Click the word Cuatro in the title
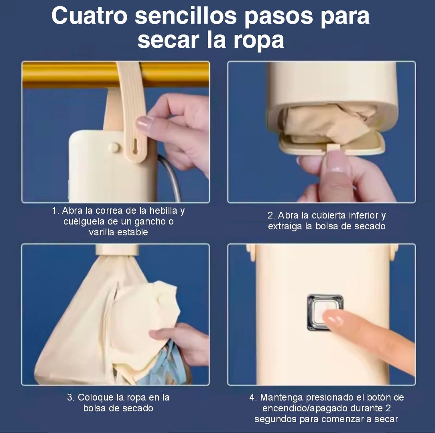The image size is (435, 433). (x=89, y=16)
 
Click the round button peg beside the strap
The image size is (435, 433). (x=114, y=147)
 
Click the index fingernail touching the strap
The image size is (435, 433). (x=143, y=122)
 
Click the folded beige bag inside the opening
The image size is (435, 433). (x=329, y=122)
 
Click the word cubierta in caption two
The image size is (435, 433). (x=329, y=215)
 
